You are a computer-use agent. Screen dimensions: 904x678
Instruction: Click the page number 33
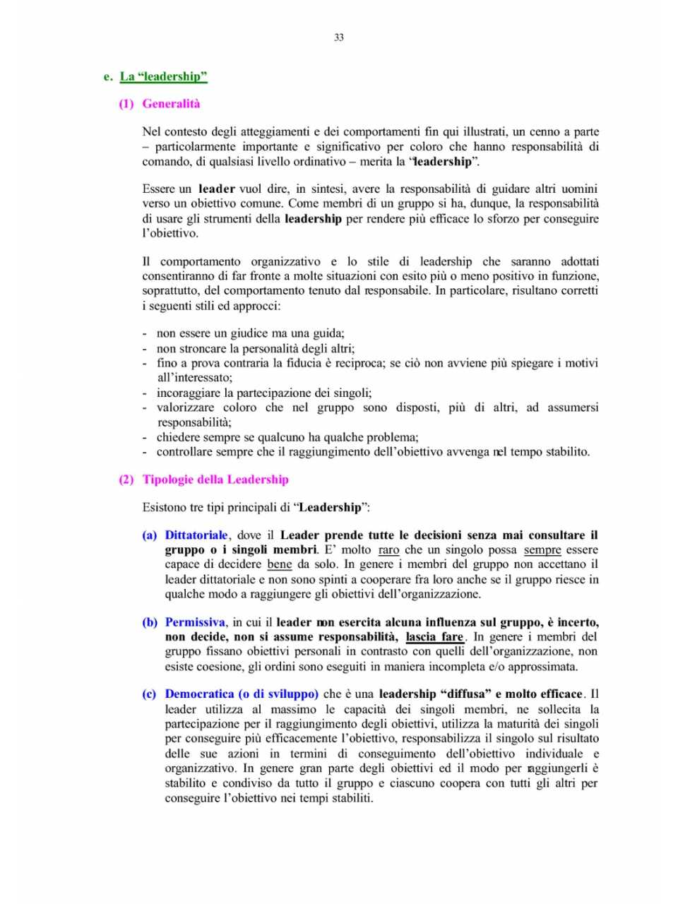[x=339, y=37]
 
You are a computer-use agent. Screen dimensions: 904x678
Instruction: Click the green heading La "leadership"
[x=163, y=76]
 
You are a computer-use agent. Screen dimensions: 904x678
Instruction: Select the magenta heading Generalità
[x=171, y=104]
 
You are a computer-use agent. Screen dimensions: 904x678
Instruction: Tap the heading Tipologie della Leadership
[x=215, y=480]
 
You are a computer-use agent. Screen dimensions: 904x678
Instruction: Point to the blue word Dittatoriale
[x=196, y=535]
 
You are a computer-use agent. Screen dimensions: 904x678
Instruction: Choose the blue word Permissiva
[x=195, y=622]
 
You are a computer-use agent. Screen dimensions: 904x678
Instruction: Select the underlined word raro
[x=388, y=550]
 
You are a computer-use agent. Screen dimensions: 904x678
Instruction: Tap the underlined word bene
[x=280, y=564]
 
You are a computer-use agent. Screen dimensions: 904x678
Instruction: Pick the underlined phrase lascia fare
[x=434, y=637]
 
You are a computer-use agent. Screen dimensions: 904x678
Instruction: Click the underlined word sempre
[x=542, y=550]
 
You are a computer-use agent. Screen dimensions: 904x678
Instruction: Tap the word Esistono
[x=166, y=508]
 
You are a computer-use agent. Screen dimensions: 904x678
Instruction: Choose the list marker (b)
[x=150, y=622]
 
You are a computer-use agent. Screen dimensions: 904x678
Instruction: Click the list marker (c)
[x=150, y=694]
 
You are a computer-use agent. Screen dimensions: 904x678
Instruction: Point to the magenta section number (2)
[x=126, y=480]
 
